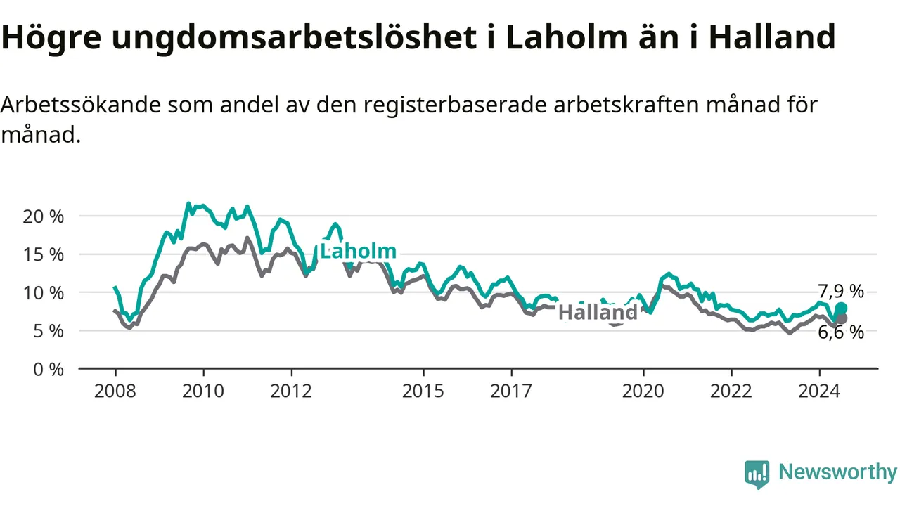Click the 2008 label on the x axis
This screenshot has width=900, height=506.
click(115, 391)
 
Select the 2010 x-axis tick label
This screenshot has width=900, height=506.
click(203, 391)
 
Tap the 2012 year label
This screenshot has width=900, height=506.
click(291, 391)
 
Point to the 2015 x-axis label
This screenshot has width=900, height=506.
click(423, 391)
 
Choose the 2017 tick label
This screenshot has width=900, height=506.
click(511, 391)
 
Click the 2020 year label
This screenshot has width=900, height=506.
click(643, 391)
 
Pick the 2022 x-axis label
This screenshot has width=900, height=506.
click(731, 391)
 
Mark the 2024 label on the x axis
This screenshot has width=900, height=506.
click(819, 391)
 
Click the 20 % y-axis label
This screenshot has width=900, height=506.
click(44, 217)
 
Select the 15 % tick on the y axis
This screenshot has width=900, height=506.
click(44, 254)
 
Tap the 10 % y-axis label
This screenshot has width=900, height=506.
click(44, 293)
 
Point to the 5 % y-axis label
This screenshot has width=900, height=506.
click(49, 331)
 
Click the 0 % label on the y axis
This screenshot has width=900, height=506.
click(49, 370)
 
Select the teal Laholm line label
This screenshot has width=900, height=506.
click(358, 252)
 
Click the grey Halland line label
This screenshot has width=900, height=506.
click(598, 312)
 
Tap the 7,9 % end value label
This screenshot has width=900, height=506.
click(841, 291)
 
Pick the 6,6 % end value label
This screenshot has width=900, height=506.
click(841, 332)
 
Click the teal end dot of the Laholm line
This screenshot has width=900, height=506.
click(842, 308)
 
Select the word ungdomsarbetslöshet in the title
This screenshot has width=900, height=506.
click(294, 38)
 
